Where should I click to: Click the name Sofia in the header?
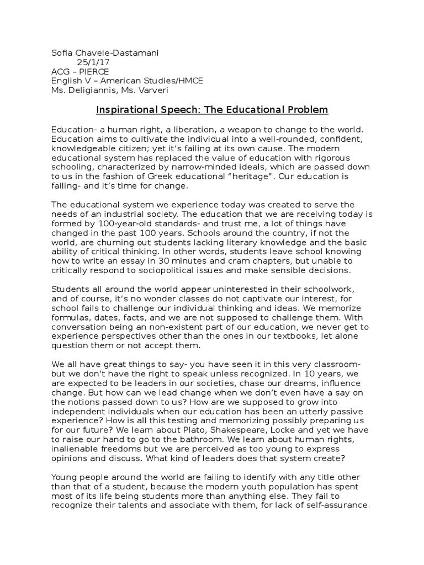pyautogui.click(x=61, y=53)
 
